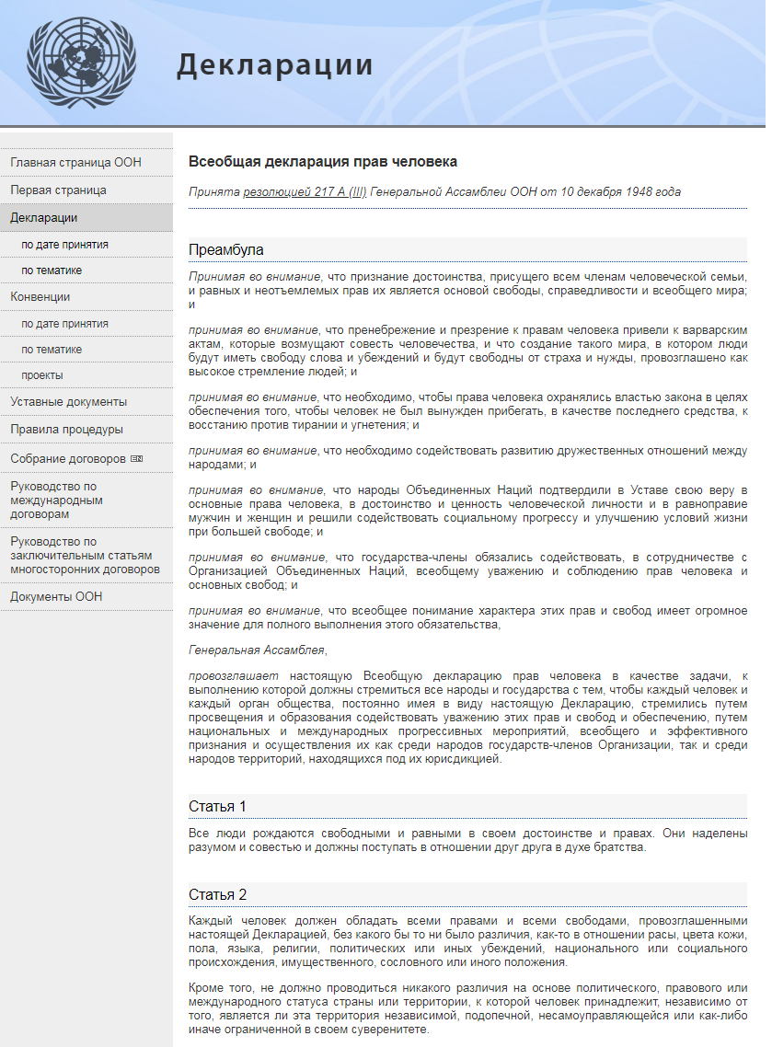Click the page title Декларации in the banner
274,65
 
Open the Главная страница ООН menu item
75,163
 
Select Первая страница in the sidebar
58,190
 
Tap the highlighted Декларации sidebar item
43,218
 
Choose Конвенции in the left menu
40,297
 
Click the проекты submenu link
42,375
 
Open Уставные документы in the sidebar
68,402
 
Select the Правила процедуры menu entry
66,430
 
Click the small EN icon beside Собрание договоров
137,458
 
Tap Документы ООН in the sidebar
56,597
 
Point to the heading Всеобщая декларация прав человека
323,162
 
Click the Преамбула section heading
226,249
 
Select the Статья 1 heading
218,807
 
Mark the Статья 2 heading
218,895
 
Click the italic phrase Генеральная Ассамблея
257,650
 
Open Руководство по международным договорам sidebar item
56,500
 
